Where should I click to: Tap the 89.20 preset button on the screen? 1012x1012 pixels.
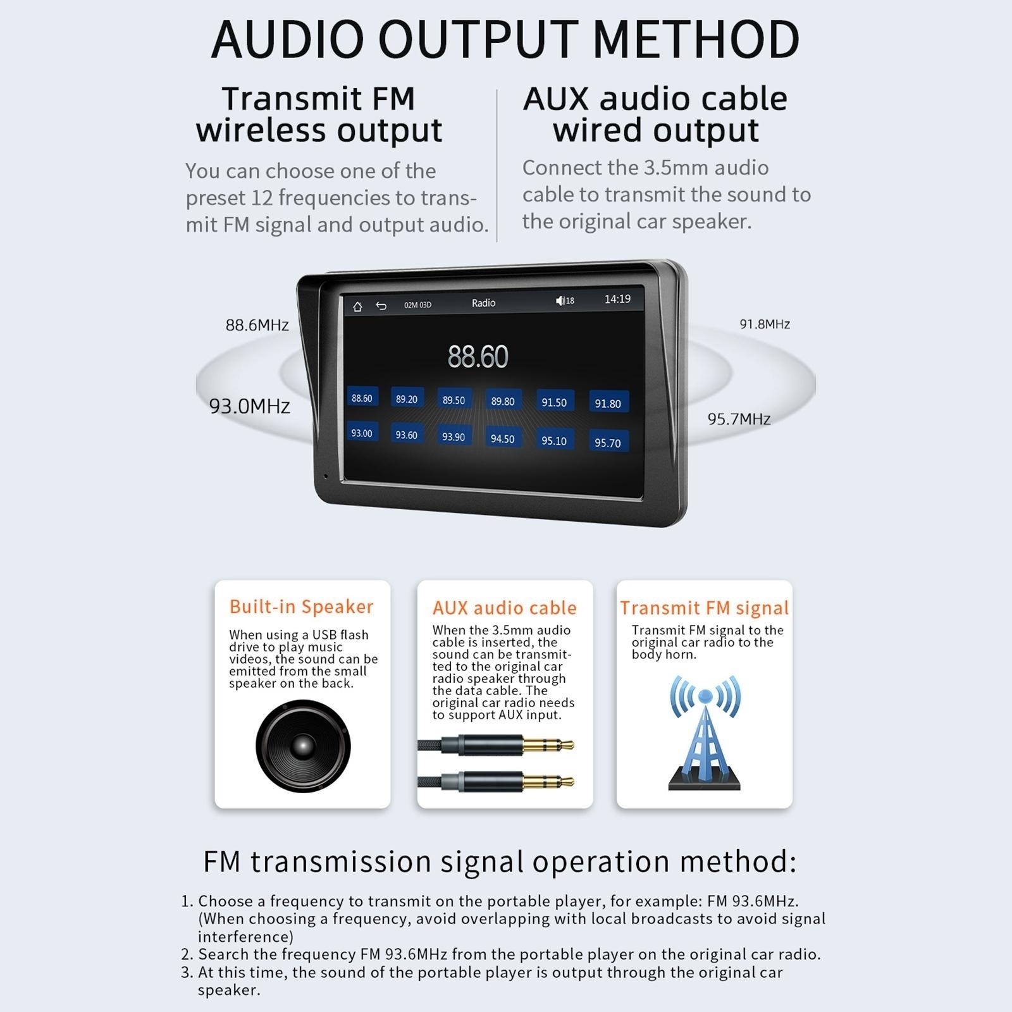[406, 399]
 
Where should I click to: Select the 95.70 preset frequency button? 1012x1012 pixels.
[607, 443]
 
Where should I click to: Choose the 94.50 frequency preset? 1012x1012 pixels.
[502, 438]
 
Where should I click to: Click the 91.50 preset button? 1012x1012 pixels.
[554, 402]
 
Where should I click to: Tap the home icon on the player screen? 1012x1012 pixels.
[357, 307]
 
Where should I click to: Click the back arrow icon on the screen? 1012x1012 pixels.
[381, 306]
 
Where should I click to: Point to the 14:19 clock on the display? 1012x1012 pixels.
[617, 299]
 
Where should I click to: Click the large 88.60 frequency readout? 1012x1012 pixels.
[478, 357]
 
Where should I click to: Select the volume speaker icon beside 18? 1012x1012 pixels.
[560, 301]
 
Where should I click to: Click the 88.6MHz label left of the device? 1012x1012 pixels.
[257, 325]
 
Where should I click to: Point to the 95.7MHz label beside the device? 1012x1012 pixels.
[739, 419]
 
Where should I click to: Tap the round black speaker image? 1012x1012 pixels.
[303, 746]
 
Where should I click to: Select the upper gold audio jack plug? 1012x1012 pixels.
[548, 746]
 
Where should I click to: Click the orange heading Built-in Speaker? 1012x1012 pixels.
[302, 607]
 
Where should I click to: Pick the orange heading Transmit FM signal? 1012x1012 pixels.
[704, 608]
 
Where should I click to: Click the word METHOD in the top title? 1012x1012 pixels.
[696, 39]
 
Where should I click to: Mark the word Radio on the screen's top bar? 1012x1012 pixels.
[483, 303]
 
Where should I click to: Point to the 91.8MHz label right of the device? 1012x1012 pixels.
[765, 324]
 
